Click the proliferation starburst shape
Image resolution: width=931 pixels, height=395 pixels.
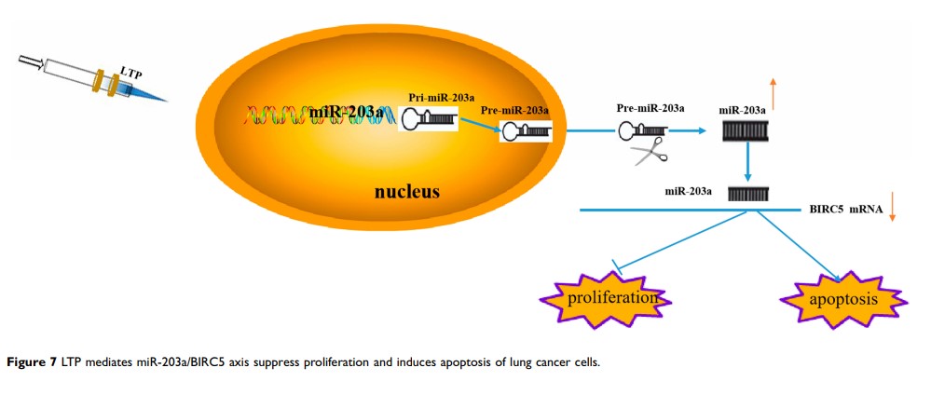tap(606, 299)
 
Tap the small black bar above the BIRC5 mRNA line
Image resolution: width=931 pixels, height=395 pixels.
tap(747, 194)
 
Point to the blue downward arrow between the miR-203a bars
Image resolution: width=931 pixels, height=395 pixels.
tap(748, 166)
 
